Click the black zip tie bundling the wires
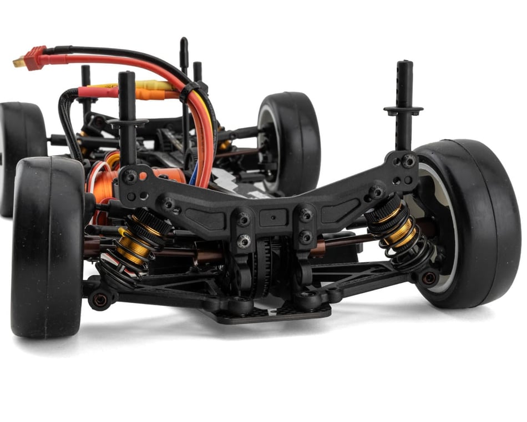click(189, 89)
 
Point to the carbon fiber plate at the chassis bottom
click(266, 314)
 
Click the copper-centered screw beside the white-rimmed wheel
click(429, 278)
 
